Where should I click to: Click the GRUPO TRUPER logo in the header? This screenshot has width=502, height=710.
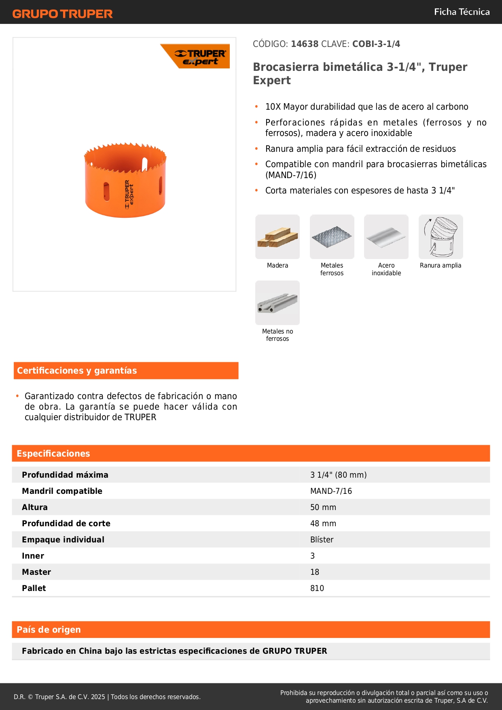click(x=62, y=14)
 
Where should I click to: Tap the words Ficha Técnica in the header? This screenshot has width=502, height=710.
click(x=462, y=12)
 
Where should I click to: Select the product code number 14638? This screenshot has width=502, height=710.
click(x=305, y=44)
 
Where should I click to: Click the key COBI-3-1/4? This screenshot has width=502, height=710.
click(x=376, y=44)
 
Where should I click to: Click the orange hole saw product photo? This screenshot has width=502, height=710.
click(x=125, y=180)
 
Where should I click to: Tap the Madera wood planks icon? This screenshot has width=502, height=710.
click(x=277, y=237)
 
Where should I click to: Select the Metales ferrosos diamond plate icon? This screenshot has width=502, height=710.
click(x=332, y=237)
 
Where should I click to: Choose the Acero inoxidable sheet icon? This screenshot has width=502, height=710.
click(x=386, y=237)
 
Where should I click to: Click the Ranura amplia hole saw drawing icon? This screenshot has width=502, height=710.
click(x=441, y=237)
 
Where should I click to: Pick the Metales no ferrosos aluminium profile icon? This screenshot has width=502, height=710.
click(x=277, y=303)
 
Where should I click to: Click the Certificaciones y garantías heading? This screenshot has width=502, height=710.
click(x=77, y=371)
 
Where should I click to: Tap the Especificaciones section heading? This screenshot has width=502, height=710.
click(x=53, y=454)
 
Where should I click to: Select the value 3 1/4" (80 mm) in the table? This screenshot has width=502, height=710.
click(x=338, y=475)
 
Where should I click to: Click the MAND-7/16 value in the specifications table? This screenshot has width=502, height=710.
click(x=331, y=491)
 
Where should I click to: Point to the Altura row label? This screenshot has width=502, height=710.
click(x=35, y=507)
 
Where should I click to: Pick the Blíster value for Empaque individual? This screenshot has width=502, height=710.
click(x=322, y=540)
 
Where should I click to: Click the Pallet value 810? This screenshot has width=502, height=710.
click(x=317, y=588)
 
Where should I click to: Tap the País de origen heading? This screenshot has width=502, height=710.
click(x=49, y=630)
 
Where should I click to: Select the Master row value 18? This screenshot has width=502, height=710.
click(x=315, y=572)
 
